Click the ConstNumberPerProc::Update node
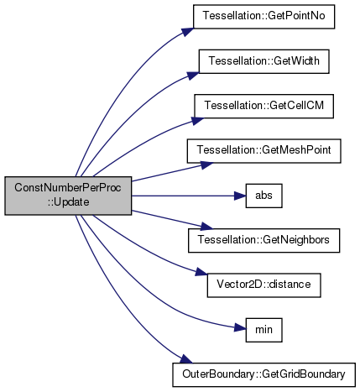coord(68,196)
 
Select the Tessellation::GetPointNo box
coord(263,17)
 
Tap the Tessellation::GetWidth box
coord(263,61)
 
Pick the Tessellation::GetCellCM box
coord(263,106)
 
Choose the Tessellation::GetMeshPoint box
coord(263,151)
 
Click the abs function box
coord(263,196)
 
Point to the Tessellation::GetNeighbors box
coord(263,240)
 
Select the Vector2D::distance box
coord(263,285)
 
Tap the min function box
coord(263,330)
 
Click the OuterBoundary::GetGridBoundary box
coord(263,374)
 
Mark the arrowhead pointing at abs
coord(240,196)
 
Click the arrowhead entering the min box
coord(240,327)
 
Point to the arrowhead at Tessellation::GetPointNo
coord(188,32)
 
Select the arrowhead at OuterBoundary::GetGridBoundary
coord(186,359)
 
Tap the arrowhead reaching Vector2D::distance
coord(201,272)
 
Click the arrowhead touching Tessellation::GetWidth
coord(193,76)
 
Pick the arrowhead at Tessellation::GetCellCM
coord(197,121)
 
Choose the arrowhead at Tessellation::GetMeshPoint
coord(207,165)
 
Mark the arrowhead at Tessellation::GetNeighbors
coord(207,226)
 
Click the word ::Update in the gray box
coord(68,202)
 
